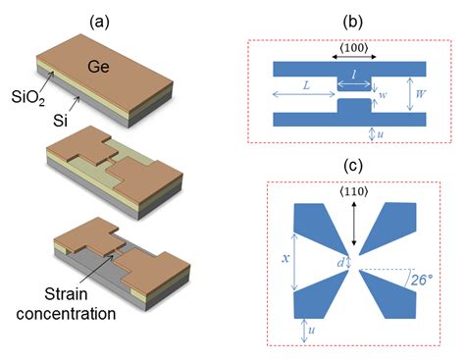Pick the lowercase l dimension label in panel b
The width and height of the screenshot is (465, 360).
pos(354,75)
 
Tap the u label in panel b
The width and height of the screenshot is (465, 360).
pos(380,135)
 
